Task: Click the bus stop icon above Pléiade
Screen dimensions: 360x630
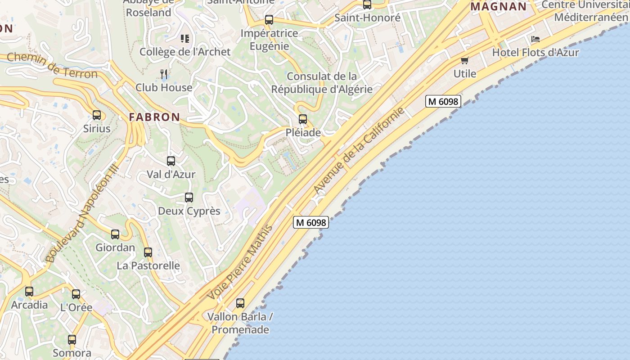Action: pyautogui.click(x=303, y=119)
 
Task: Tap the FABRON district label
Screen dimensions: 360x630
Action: pyautogui.click(x=154, y=117)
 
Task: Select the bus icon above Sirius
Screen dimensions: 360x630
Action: pyautogui.click(x=97, y=115)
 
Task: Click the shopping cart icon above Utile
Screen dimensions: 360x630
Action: pyautogui.click(x=464, y=60)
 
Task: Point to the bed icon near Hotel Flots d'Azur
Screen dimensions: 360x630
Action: pyautogui.click(x=535, y=39)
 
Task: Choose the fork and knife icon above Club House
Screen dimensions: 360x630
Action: pyautogui.click(x=164, y=74)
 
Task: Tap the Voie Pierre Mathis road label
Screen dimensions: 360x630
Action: pyautogui.click(x=240, y=262)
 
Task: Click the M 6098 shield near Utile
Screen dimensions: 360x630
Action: pyautogui.click(x=443, y=101)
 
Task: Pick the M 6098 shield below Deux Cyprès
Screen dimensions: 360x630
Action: pyautogui.click(x=311, y=222)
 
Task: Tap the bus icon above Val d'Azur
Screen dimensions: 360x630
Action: pyautogui.click(x=171, y=161)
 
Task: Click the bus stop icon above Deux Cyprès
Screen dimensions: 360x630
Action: pyautogui.click(x=189, y=198)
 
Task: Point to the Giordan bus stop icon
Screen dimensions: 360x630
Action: pyautogui.click(x=115, y=234)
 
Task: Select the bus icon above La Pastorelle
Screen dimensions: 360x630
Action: pyautogui.click(x=148, y=252)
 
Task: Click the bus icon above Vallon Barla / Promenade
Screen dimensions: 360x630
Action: pyautogui.click(x=240, y=303)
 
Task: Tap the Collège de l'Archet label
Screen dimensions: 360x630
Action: pyautogui.click(x=185, y=52)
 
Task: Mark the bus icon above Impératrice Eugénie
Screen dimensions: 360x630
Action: pyautogui.click(x=269, y=20)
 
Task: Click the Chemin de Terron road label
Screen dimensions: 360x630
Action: pyautogui.click(x=52, y=65)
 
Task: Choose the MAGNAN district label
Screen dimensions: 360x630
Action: pyautogui.click(x=499, y=7)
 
